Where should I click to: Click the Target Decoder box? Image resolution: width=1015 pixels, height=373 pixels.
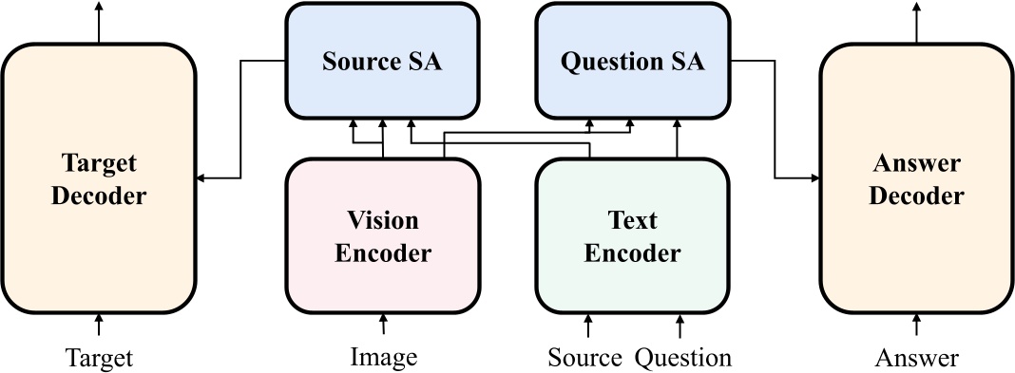pos(99,178)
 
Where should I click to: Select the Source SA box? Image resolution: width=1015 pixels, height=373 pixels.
pos(382,63)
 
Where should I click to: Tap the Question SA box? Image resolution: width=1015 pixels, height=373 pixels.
pos(633,63)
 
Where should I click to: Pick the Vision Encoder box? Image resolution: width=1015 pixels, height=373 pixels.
pos(382,235)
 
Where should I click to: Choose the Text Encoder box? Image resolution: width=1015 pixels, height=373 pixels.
pos(633,235)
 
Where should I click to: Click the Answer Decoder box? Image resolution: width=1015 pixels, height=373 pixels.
pos(916,178)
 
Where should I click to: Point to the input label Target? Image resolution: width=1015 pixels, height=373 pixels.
pos(99,358)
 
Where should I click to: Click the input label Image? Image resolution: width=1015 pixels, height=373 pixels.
pos(383,358)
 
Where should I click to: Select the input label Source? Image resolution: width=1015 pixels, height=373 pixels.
pos(585,358)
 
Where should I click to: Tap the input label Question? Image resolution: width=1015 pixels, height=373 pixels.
pos(683,358)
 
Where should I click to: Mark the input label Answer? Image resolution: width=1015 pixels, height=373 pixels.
pos(916,358)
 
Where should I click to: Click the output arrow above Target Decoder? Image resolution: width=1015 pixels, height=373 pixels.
pos(99,21)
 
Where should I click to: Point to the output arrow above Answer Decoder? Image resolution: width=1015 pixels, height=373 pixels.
pos(916,21)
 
